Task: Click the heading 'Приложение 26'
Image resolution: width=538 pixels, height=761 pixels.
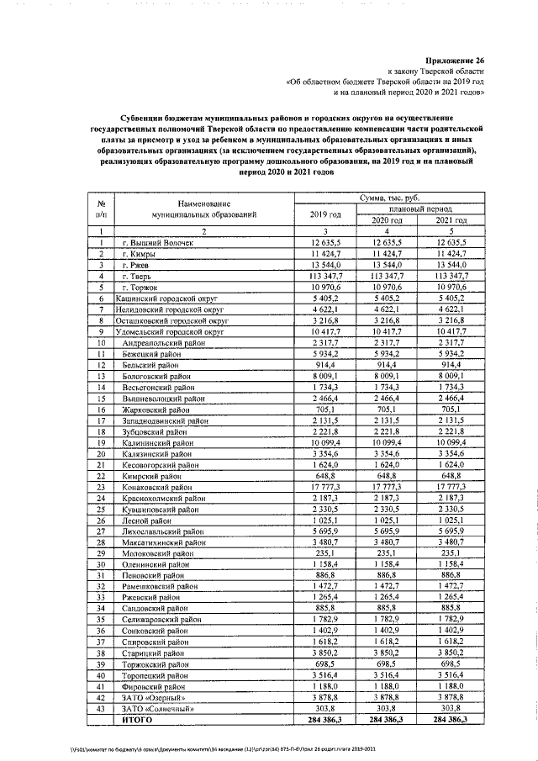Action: pyautogui.click(x=456, y=61)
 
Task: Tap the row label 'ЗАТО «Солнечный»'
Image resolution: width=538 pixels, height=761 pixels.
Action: pyautogui.click(x=153, y=709)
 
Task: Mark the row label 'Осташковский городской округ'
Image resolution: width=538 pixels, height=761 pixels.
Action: pyautogui.click(x=166, y=320)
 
